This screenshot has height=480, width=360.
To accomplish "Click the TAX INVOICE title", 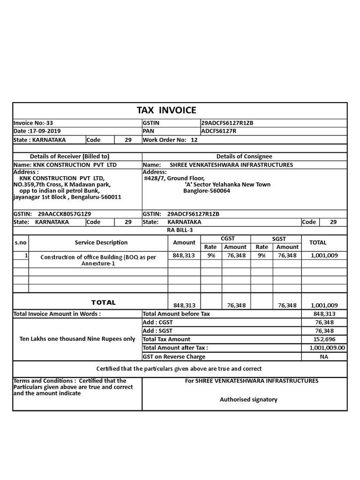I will pyautogui.click(x=166, y=110).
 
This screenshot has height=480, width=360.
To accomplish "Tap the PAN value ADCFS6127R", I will pyautogui.click(x=218, y=131).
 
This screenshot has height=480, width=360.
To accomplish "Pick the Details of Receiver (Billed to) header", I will pyautogui.click(x=69, y=156).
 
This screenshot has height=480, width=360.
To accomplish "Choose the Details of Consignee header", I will pyautogui.click(x=244, y=156).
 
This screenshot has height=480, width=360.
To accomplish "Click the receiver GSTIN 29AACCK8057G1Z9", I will pyautogui.click(x=64, y=214).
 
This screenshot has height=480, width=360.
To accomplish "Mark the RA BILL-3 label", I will pyautogui.click(x=180, y=230).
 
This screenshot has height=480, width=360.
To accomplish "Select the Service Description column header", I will pyautogui.click(x=101, y=242).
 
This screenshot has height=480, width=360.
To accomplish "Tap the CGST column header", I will pyautogui.click(x=228, y=239).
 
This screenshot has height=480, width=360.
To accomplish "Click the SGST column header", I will pyautogui.click(x=279, y=239).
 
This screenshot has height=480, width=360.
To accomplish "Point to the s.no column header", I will pyautogui.click(x=21, y=242).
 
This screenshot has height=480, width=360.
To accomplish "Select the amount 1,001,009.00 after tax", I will pyautogui.click(x=327, y=348).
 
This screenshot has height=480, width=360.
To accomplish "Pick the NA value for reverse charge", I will pyautogui.click(x=324, y=356).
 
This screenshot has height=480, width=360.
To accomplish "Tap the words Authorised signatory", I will pyautogui.click(x=248, y=399).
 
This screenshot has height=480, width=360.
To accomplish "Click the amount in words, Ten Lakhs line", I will pyautogui.click(x=77, y=339).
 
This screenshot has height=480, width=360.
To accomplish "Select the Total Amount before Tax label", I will pyautogui.click(x=176, y=314).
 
